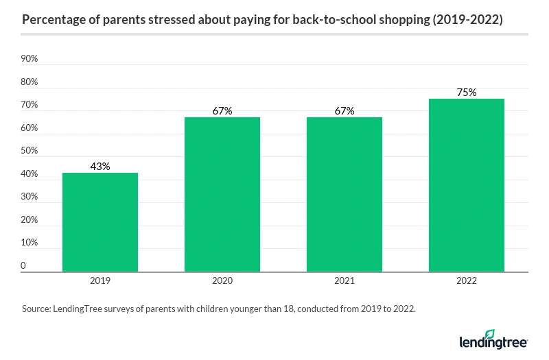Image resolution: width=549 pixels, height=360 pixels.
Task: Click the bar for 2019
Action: (100, 222)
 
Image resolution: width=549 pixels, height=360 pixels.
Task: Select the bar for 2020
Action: (222, 195)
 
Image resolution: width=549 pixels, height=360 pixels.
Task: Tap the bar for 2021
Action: (344, 195)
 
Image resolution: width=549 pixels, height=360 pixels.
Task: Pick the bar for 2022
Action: (466, 185)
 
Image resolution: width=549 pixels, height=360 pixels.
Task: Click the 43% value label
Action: (100, 166)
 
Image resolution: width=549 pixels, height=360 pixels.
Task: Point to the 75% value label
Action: (466, 92)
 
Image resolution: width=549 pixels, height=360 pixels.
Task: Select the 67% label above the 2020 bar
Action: (222, 110)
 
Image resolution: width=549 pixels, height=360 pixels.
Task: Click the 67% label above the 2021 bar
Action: (344, 110)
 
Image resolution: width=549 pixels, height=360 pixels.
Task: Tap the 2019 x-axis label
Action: (100, 281)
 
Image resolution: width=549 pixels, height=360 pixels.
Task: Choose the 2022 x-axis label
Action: (466, 281)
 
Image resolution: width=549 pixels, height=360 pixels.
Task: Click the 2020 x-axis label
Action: (222, 281)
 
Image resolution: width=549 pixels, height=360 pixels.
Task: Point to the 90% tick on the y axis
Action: (30, 59)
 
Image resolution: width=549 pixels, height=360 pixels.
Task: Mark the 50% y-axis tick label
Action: (30, 151)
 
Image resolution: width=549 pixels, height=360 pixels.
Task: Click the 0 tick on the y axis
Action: (23, 265)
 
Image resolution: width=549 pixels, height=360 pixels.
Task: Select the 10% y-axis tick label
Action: (30, 243)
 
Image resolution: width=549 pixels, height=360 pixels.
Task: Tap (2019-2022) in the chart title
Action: (467, 21)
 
